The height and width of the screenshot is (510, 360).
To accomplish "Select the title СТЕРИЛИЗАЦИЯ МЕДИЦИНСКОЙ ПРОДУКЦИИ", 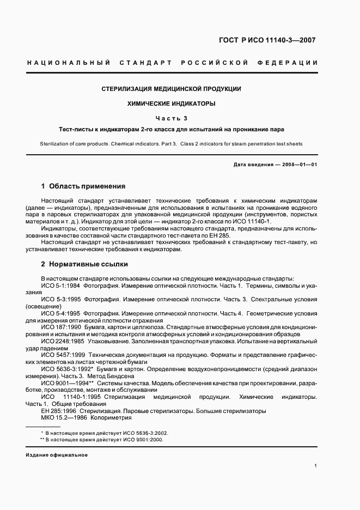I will click(172, 89).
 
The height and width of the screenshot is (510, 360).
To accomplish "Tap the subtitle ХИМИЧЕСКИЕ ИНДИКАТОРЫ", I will click(172, 103).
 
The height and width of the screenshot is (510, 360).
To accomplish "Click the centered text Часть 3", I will click(172, 118).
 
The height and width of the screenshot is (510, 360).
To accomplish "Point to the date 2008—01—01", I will click(299, 165).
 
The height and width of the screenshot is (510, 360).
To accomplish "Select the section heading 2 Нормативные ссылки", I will click(84, 264).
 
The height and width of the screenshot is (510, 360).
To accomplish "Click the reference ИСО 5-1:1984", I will click(60, 286).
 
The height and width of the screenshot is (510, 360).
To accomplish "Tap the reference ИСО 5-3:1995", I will click(60, 300).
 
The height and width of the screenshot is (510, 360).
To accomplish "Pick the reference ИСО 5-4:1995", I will click(60, 314).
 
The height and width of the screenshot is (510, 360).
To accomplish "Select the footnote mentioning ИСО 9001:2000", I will click(104, 439).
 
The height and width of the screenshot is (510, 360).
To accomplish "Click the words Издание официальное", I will click(57, 454).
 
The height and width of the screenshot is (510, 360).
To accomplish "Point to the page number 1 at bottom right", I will click(316, 466).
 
